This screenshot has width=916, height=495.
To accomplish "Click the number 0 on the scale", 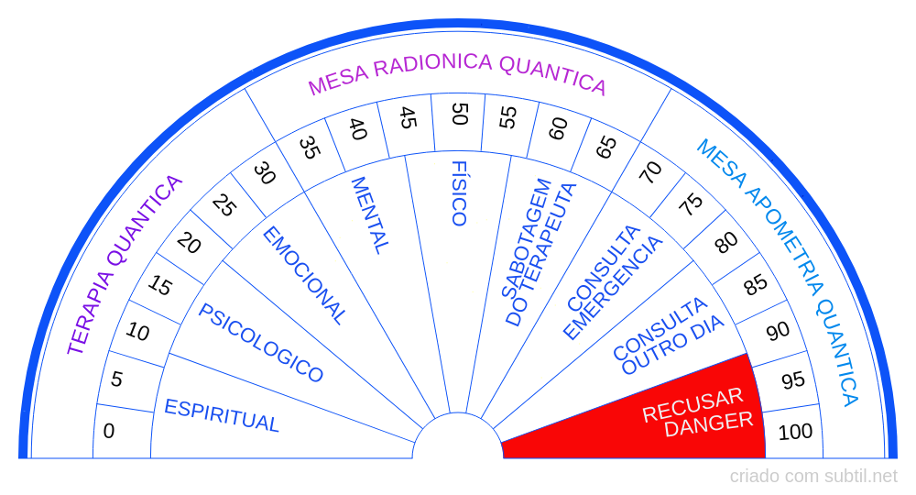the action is (x=109, y=432).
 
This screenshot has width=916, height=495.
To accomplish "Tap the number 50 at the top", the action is (x=461, y=114).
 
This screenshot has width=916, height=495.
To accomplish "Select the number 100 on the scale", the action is (x=795, y=432).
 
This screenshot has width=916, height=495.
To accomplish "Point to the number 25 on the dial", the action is (x=224, y=205).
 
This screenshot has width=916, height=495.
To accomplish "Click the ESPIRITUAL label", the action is (x=222, y=415).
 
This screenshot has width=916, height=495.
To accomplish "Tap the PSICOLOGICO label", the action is (x=260, y=343).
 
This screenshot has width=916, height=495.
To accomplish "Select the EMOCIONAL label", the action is (x=304, y=275).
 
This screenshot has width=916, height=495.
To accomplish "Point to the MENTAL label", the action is (x=370, y=215).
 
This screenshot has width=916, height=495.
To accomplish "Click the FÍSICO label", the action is (x=459, y=193).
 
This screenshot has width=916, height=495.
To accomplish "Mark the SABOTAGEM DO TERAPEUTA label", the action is (x=538, y=252).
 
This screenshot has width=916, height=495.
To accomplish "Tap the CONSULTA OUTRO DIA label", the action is (x=668, y=336).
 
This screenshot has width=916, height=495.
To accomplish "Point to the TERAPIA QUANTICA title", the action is (x=125, y=265).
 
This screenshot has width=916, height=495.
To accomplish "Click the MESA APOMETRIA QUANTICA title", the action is (x=779, y=271).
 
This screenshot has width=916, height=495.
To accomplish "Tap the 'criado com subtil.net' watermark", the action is (x=813, y=477).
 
